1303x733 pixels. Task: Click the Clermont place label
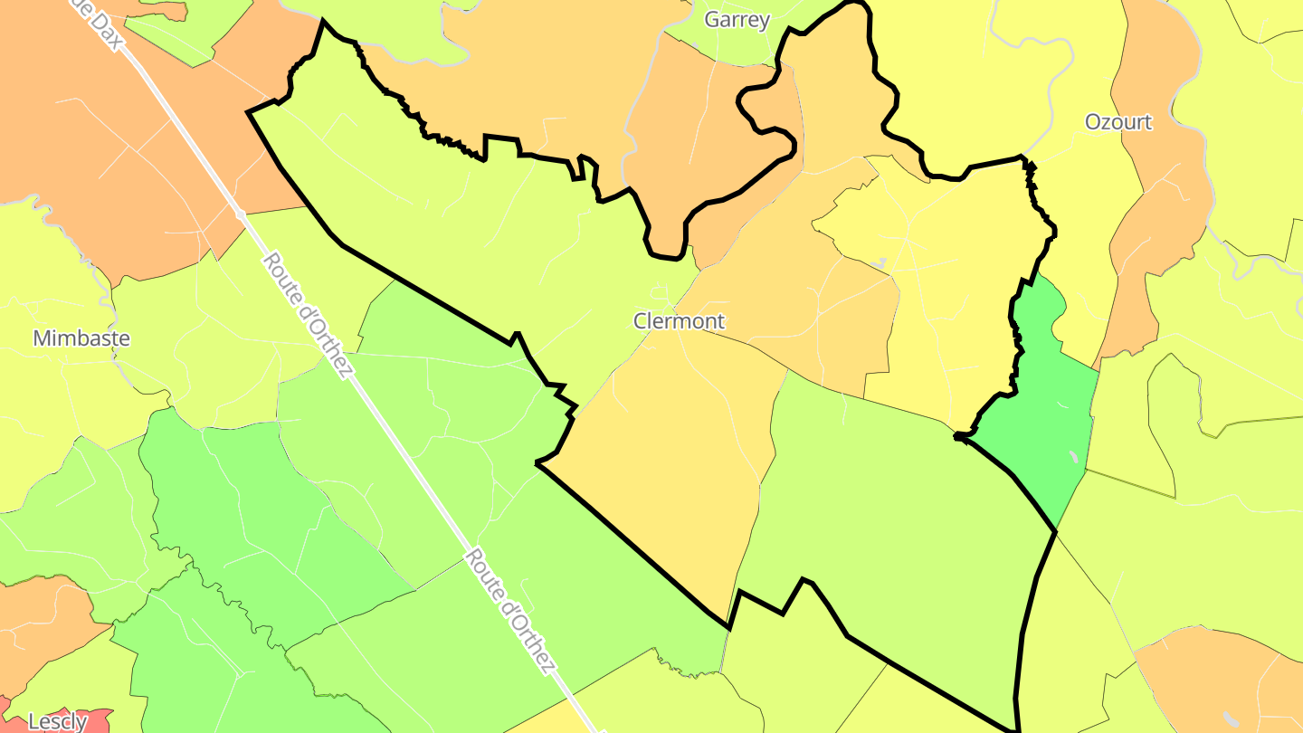point(679,321)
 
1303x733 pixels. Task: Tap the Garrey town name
point(737,20)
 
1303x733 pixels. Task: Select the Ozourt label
point(1118,122)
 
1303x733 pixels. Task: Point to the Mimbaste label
point(81,338)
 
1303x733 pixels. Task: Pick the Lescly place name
point(58,721)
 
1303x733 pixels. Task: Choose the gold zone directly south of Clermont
point(670,452)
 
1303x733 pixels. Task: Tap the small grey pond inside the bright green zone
point(1073,457)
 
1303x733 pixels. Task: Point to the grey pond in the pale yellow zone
point(879,263)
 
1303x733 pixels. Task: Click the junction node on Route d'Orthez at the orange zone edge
point(240,214)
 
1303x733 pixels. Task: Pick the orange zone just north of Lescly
point(45,624)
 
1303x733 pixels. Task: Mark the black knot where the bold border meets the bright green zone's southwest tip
point(960,437)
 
